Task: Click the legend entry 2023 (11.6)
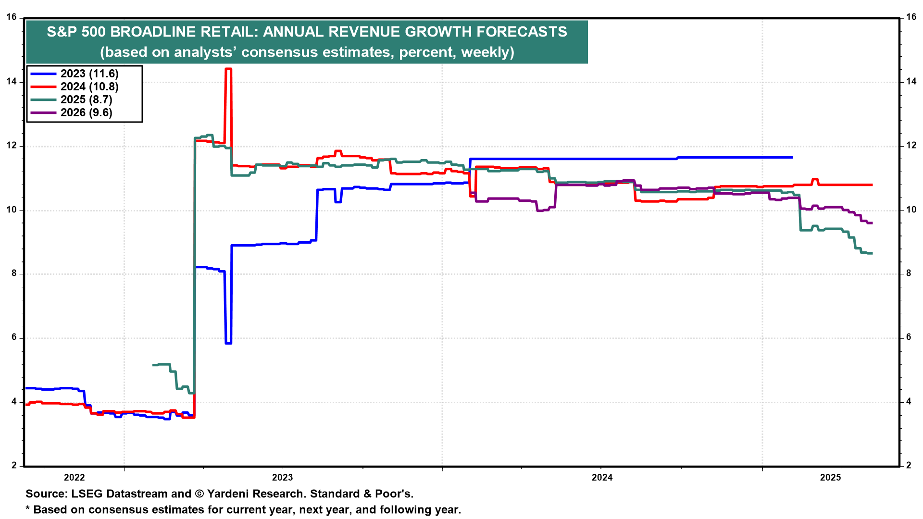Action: point(89,74)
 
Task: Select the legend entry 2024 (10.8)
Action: point(89,86)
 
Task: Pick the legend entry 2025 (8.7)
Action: point(86,99)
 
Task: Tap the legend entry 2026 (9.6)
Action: point(86,112)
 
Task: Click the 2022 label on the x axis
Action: point(75,477)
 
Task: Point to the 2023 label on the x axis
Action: point(282,477)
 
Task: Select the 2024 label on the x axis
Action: point(602,477)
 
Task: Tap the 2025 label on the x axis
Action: point(830,477)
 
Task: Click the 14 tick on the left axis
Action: point(12,82)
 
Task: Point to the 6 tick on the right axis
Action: point(909,337)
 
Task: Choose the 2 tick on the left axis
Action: point(14,465)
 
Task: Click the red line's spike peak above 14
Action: point(228,69)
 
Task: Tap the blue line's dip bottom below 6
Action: point(228,343)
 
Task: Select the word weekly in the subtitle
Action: point(486,52)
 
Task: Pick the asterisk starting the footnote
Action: point(28,509)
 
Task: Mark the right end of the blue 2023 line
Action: point(792,157)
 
